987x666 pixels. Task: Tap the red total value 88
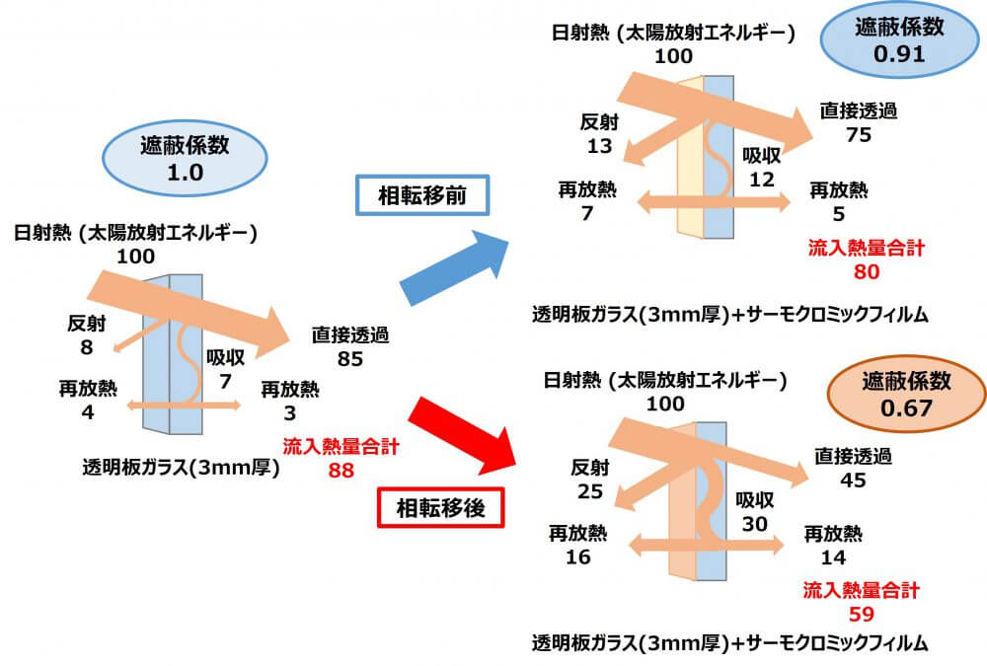pos(342,471)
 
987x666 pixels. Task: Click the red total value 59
pos(861,614)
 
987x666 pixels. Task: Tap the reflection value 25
pos(591,490)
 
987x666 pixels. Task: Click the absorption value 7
pos(225,381)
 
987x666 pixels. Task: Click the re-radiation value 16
pos(578,557)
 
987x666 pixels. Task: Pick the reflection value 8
pos(88,347)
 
